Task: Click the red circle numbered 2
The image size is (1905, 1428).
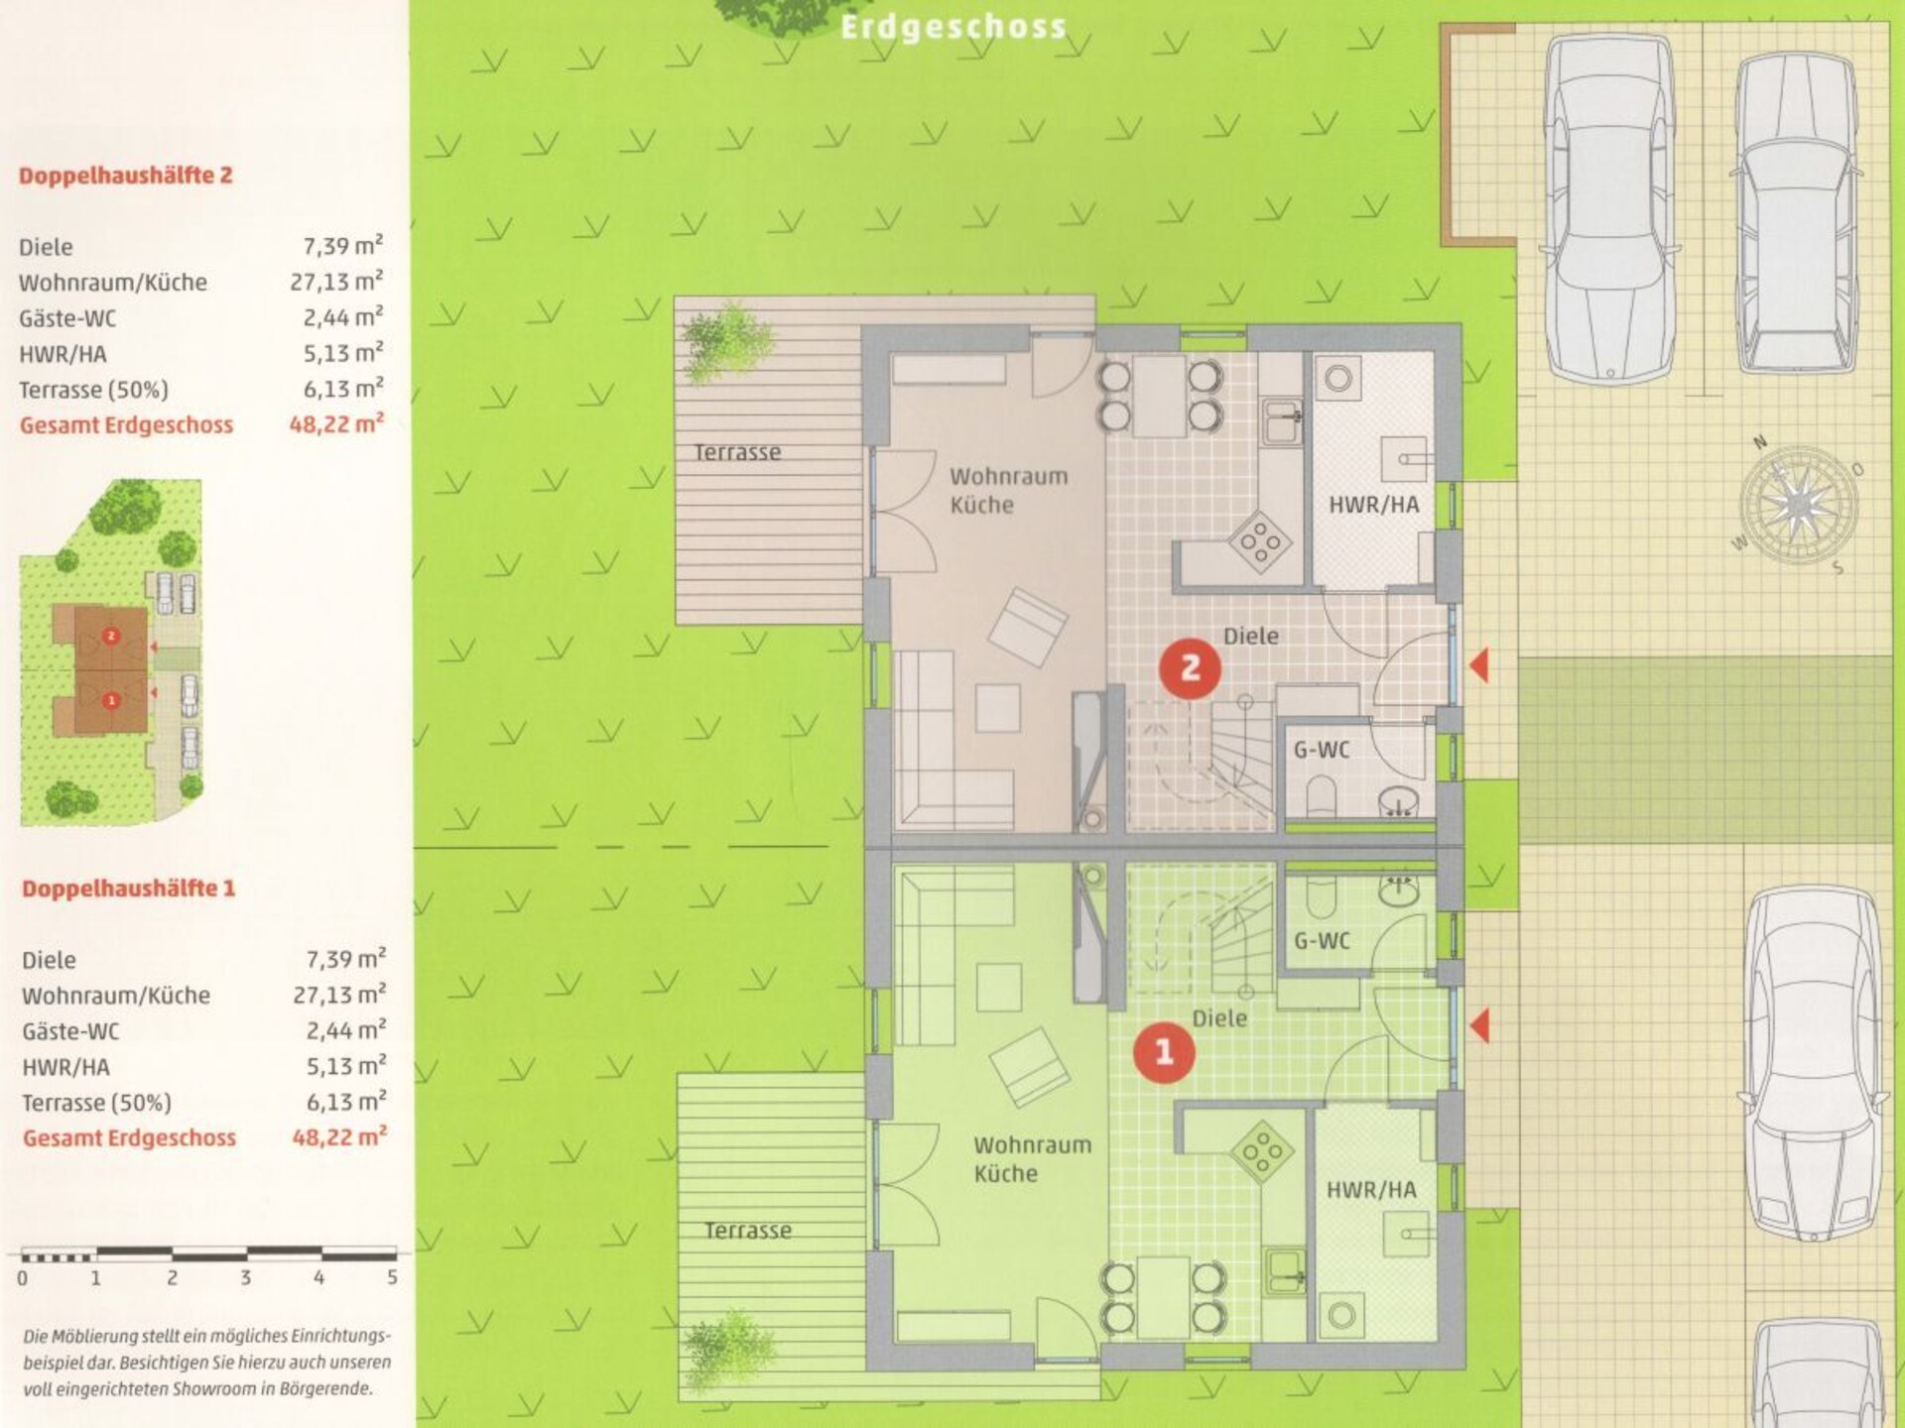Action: (x=1190, y=668)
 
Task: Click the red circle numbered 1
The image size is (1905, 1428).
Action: (x=1165, y=1051)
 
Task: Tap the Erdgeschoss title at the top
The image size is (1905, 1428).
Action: (x=952, y=27)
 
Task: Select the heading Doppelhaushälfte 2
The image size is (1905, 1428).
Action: (x=126, y=176)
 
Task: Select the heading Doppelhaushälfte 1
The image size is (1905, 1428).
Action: (x=128, y=888)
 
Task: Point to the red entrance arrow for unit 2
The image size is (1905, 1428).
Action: (x=1478, y=664)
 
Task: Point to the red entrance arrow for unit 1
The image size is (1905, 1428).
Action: (x=1479, y=1025)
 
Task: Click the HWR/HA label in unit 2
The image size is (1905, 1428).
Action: (x=1374, y=505)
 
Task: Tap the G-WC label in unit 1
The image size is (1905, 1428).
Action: (x=1322, y=940)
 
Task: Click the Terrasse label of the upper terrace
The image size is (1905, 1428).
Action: (x=737, y=452)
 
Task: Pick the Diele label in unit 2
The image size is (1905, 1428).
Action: (x=1251, y=636)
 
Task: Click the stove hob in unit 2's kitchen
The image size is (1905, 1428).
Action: (x=1260, y=542)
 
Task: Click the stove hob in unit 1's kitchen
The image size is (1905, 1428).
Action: (x=1262, y=1151)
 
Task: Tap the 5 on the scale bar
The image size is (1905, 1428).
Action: (x=392, y=1277)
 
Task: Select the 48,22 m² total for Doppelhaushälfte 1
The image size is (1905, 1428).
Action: (x=339, y=1136)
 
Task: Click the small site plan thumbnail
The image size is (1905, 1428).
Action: (x=111, y=653)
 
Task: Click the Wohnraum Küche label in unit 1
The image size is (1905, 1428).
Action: (x=1032, y=1159)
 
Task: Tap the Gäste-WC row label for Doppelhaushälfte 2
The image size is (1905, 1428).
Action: (x=67, y=318)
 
